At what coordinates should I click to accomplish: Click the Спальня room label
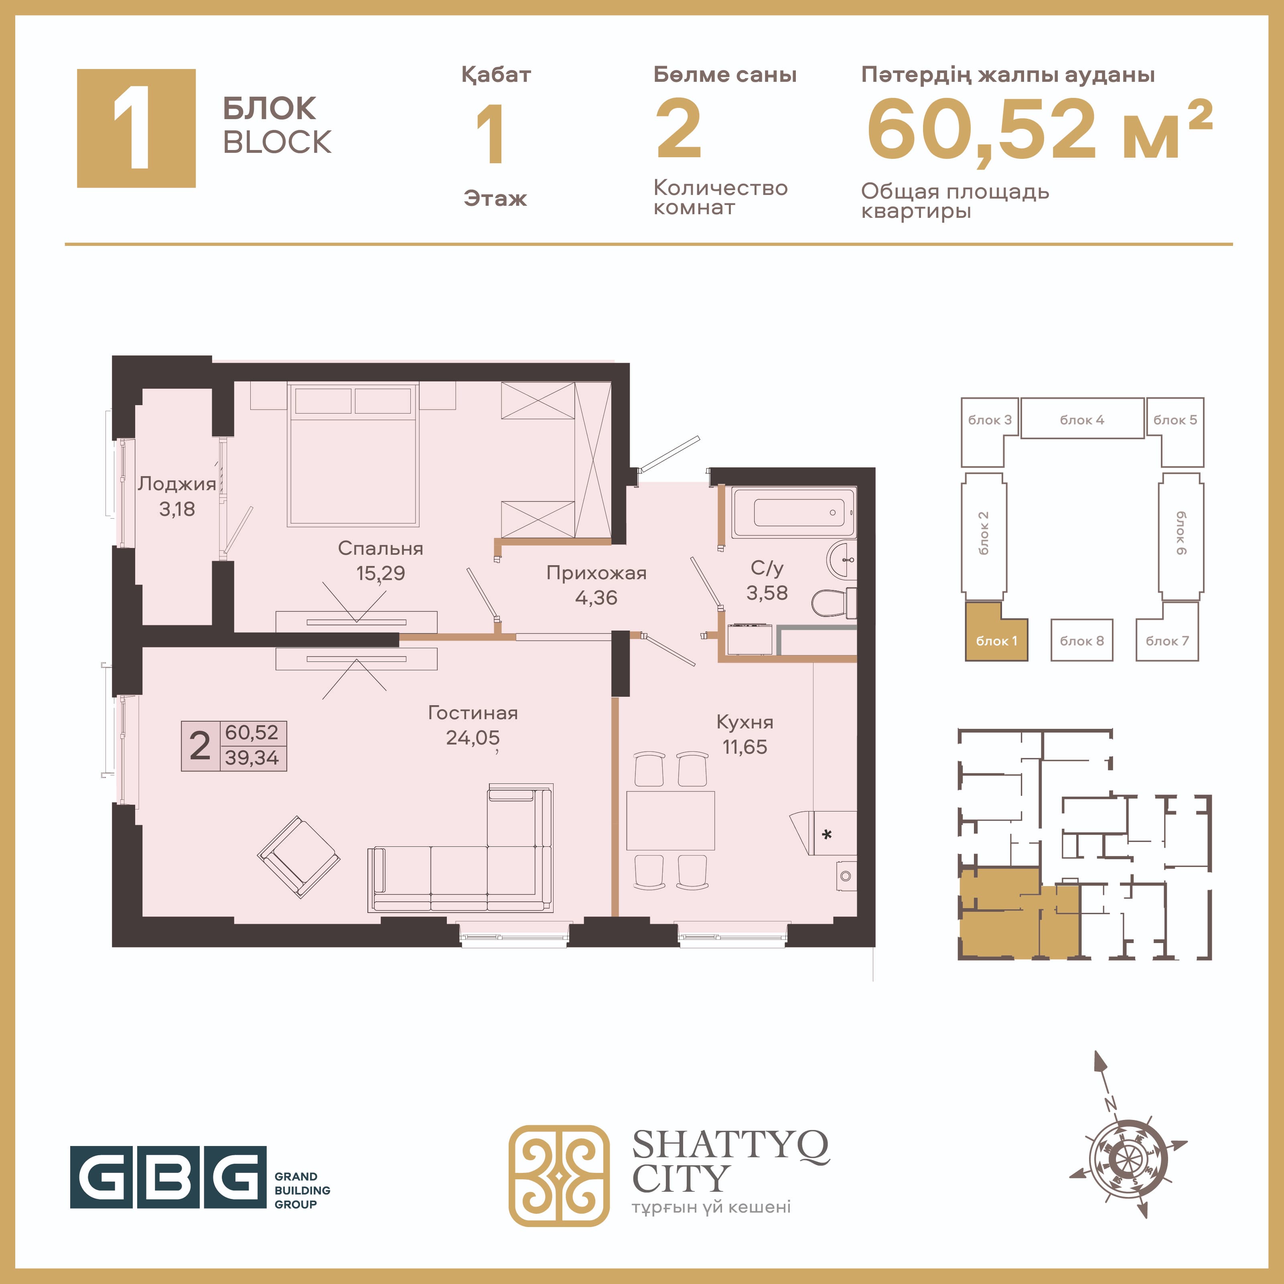pyautogui.click(x=380, y=548)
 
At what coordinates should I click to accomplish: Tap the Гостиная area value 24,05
pyautogui.click(x=473, y=738)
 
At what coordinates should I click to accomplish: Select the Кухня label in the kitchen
pyautogui.click(x=744, y=722)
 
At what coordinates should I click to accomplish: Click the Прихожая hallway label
pyautogui.click(x=596, y=573)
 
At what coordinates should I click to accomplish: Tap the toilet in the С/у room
pyautogui.click(x=834, y=603)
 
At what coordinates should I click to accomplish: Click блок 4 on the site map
pyautogui.click(x=1082, y=419)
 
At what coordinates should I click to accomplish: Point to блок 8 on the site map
pyautogui.click(x=1081, y=640)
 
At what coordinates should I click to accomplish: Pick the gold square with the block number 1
pyautogui.click(x=136, y=128)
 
